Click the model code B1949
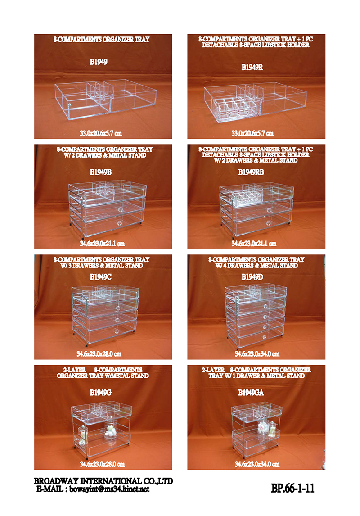pos(98,62)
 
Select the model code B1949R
pos(252,67)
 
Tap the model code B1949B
pos(100,172)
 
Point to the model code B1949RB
pos(251,172)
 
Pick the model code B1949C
pos(100,277)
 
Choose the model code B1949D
pos(252,277)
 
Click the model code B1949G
pos(100,392)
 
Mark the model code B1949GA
pos(251,392)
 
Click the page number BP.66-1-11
pos(292,488)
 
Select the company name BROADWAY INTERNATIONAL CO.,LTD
pos(103,481)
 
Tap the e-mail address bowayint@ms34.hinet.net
pos(109,489)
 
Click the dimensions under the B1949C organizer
pos(99,354)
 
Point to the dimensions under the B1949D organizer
pos(257,354)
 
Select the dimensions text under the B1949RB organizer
pos(254,244)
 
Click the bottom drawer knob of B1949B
pos(120,223)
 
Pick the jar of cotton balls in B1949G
pos(110,429)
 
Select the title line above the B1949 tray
pos(101,40)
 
